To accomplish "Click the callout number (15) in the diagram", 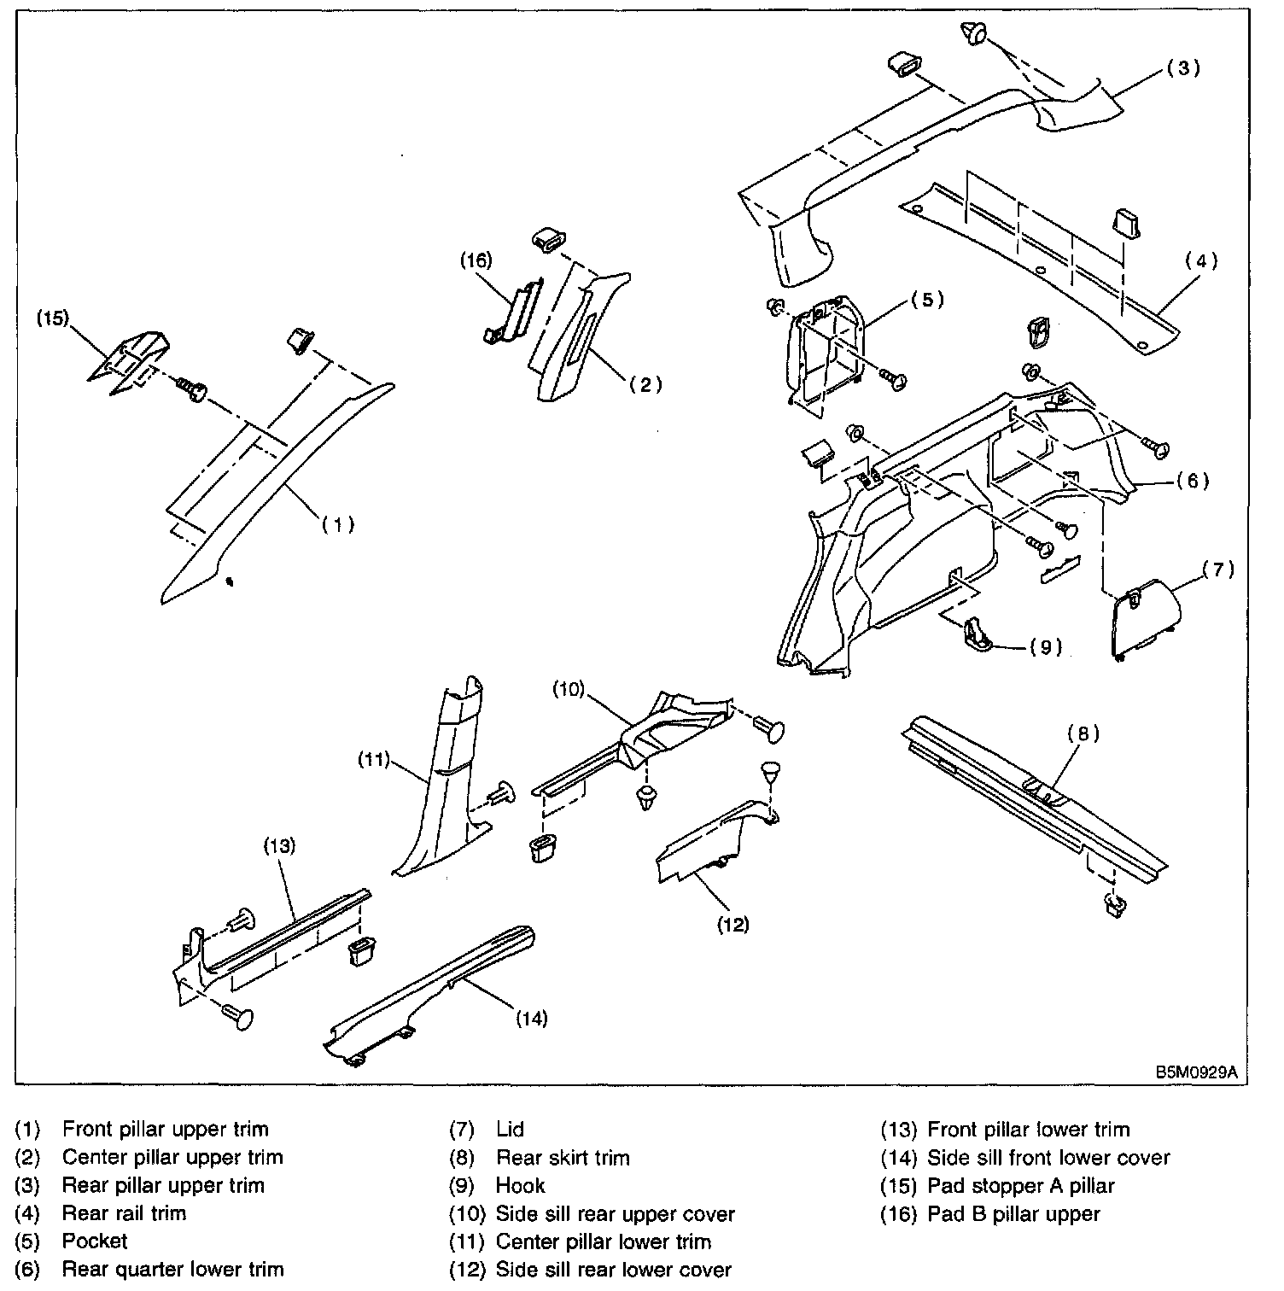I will pyautogui.click(x=52, y=318).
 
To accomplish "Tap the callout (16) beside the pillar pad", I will pyautogui.click(x=476, y=260).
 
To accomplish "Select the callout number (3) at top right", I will pyautogui.click(x=1183, y=68).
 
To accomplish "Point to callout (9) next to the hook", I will pyautogui.click(x=1045, y=647).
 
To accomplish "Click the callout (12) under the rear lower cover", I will pyautogui.click(x=732, y=925).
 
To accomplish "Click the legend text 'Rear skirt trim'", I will pyautogui.click(x=563, y=1158).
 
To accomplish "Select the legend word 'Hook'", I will pyautogui.click(x=520, y=1185).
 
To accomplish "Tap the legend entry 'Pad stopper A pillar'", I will pyautogui.click(x=1021, y=1185).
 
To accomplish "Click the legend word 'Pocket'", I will pyautogui.click(x=95, y=1241).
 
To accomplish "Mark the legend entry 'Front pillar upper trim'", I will pyautogui.click(x=166, y=1130).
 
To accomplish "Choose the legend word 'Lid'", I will pyautogui.click(x=510, y=1130).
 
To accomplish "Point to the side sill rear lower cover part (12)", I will pyautogui.click(x=717, y=841).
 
